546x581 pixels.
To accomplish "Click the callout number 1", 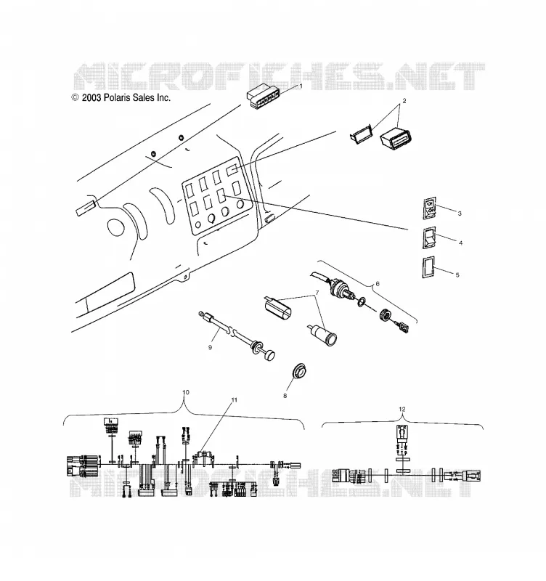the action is pyautogui.click(x=301, y=86).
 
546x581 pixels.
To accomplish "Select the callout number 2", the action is pyautogui.click(x=404, y=100).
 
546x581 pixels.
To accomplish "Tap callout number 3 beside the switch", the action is pyautogui.click(x=460, y=214).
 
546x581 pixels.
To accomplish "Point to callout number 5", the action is pyautogui.click(x=457, y=275).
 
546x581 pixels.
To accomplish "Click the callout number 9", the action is pyautogui.click(x=210, y=347).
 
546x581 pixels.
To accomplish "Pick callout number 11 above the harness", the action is pyautogui.click(x=234, y=400).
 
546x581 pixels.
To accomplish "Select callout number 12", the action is pyautogui.click(x=402, y=409).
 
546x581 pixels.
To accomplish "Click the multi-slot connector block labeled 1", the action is pyautogui.click(x=264, y=97).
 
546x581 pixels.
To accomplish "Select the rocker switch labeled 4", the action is pyautogui.click(x=429, y=237).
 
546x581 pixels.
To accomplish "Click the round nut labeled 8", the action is pyautogui.click(x=299, y=371).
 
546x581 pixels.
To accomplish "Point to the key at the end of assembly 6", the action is pyautogui.click(x=402, y=328).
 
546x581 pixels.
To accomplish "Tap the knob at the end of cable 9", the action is pyautogui.click(x=269, y=355).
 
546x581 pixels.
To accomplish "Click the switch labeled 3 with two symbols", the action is pyautogui.click(x=430, y=208).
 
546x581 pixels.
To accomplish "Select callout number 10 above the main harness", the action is pyautogui.click(x=186, y=392).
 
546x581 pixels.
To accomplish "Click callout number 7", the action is pyautogui.click(x=317, y=293).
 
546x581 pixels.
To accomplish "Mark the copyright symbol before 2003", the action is pyautogui.click(x=76, y=97).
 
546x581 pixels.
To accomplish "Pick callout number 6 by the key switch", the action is pyautogui.click(x=378, y=284).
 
